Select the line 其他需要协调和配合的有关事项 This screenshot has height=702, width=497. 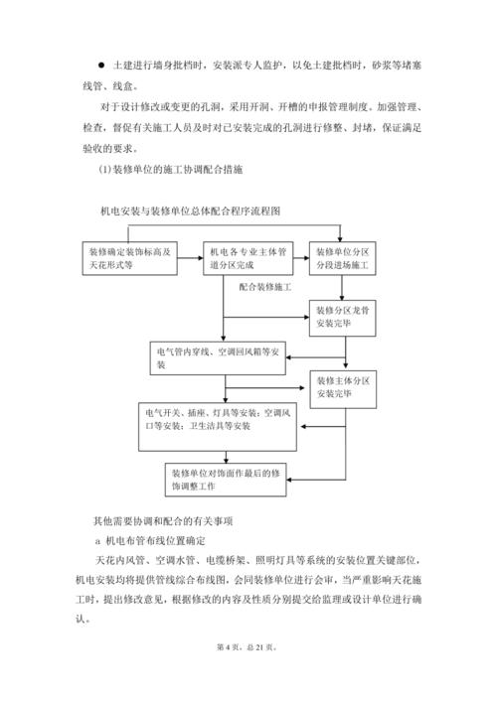coord(162,520)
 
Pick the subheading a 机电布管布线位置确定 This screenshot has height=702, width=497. coord(149,541)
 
